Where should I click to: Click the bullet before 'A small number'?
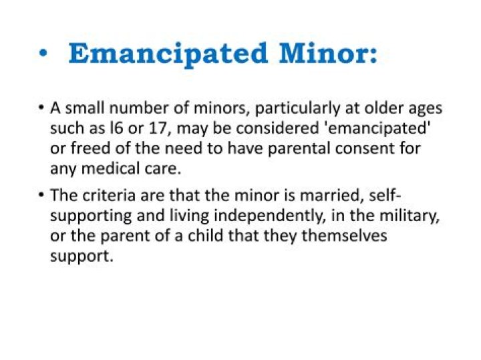pos(41,109)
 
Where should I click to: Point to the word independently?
pos(255,216)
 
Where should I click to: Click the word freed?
pos(86,148)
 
